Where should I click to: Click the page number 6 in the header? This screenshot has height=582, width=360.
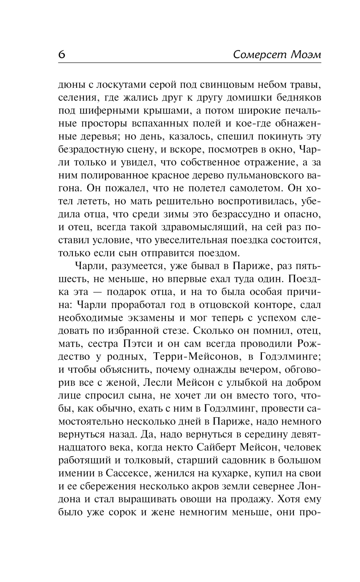[x=62, y=55]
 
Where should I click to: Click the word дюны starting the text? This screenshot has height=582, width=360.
[x=71, y=85]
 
